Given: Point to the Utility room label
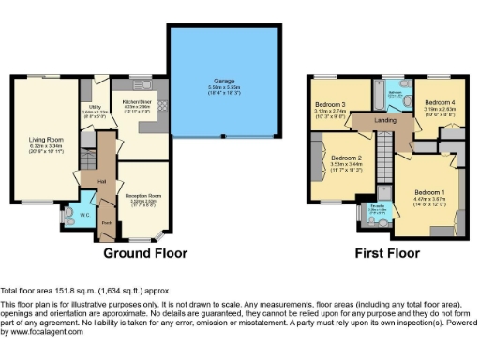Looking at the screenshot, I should (95, 109).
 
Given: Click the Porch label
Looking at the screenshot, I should (107, 223).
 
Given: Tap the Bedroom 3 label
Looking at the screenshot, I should (331, 103).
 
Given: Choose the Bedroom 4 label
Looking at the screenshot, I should (440, 102).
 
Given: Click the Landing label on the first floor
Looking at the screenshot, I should (385, 120).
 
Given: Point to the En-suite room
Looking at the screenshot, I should (376, 206).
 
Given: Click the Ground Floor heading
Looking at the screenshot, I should (144, 253).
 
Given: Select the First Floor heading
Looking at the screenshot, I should (384, 253).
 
